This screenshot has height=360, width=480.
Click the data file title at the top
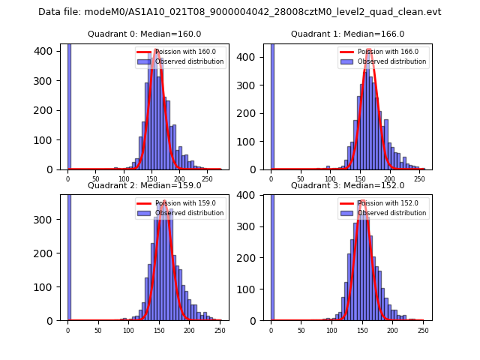tap(240, 12)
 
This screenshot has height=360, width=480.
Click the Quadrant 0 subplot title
tap(145, 34)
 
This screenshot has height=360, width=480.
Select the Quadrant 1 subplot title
tap(347, 34)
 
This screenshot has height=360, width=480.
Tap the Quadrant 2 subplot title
tap(145, 186)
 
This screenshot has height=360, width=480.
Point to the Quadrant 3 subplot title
tap(347, 186)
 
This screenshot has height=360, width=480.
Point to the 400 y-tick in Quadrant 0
tap(47, 51)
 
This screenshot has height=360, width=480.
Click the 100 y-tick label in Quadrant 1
tap(250, 141)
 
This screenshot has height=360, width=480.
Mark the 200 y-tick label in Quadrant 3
tap(250, 257)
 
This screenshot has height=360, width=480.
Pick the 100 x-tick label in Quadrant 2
tap(128, 330)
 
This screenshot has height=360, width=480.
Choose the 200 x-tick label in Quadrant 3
tap(392, 330)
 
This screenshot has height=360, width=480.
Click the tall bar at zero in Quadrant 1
tap(271, 105)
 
